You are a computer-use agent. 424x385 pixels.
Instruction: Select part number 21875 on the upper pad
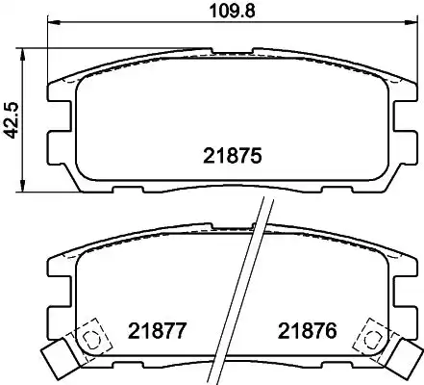233,156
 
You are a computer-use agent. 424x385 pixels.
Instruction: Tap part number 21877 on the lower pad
157,331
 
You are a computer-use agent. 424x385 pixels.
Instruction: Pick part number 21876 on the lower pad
308,331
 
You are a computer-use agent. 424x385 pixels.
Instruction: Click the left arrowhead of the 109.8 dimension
54,22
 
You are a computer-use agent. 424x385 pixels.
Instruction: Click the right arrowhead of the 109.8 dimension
412,22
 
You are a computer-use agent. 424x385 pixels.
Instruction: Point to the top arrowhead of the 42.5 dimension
22,55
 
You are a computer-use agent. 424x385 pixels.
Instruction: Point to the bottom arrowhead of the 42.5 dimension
22,187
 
